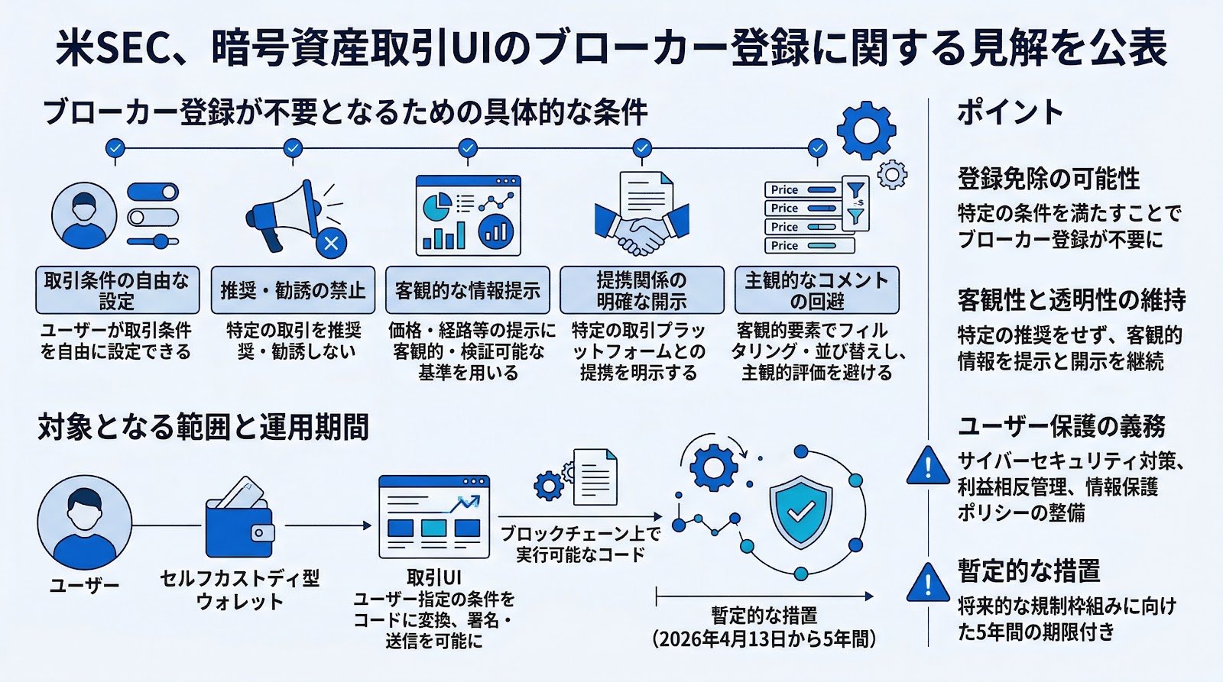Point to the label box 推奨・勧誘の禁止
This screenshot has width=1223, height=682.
[x=293, y=290]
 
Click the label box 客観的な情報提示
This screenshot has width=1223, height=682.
[x=467, y=290]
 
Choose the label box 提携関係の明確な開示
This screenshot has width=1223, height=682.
[x=641, y=290]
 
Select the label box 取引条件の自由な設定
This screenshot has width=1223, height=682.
[x=117, y=290]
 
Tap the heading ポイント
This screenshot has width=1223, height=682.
[x=1010, y=113]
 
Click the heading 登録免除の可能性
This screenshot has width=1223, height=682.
[x=1048, y=179]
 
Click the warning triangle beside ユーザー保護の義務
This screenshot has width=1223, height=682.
[x=927, y=466]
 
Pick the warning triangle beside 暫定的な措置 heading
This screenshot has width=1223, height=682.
[x=927, y=584]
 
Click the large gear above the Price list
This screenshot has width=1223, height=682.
[x=865, y=130]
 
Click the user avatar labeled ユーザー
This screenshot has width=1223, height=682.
[x=84, y=522]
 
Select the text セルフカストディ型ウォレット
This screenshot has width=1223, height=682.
[x=239, y=589]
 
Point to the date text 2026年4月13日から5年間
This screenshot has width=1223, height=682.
[x=764, y=638]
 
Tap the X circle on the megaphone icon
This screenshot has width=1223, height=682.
[x=331, y=244]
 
